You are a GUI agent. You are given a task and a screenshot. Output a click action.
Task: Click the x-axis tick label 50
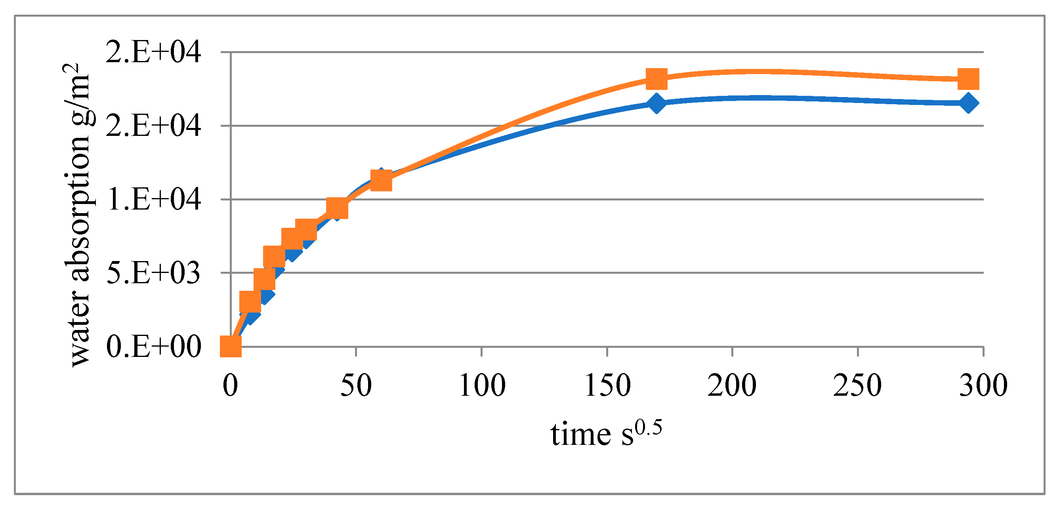(x=356, y=386)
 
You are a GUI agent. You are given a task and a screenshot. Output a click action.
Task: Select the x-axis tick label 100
(x=482, y=386)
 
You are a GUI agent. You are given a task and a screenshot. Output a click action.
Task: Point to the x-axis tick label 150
(x=607, y=386)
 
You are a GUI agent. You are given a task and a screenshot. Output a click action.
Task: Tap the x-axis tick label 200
(x=732, y=386)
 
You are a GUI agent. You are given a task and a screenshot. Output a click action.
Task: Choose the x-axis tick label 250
(x=857, y=386)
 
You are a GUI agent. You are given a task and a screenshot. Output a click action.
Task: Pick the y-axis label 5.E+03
(x=153, y=273)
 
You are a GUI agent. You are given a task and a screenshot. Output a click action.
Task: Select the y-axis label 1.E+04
(x=153, y=199)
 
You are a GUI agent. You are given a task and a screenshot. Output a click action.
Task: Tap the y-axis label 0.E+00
(x=153, y=346)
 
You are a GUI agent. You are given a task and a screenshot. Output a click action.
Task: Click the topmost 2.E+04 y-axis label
(x=153, y=52)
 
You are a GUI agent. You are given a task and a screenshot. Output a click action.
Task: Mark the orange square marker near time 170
(x=656, y=79)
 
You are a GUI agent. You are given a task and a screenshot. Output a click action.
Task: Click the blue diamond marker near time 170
(x=656, y=103)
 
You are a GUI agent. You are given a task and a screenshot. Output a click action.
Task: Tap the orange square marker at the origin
(x=230, y=346)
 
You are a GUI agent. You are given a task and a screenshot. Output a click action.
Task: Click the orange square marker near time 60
(x=381, y=180)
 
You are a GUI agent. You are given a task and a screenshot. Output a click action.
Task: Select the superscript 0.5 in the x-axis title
(x=648, y=428)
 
